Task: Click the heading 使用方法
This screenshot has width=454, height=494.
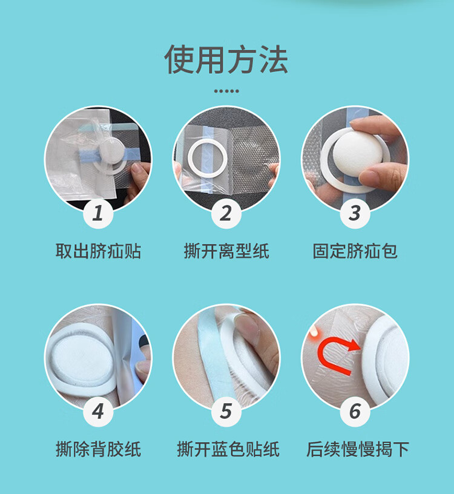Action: (226, 59)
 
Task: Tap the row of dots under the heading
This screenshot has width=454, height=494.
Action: (226, 91)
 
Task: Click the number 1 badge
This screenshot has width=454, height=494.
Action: (98, 213)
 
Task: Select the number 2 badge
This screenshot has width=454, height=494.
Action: (226, 213)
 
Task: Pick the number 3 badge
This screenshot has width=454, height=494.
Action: (355, 213)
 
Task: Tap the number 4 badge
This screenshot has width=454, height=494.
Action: (98, 411)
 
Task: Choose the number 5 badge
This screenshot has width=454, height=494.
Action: (226, 411)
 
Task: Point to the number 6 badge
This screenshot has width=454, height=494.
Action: (355, 411)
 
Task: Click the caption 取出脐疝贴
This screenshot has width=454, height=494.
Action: (98, 251)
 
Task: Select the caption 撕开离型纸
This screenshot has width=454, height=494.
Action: (226, 251)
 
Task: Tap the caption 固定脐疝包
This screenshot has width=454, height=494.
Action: (355, 251)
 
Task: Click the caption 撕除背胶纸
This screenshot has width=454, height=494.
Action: (98, 449)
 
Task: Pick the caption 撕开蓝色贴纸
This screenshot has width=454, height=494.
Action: (228, 449)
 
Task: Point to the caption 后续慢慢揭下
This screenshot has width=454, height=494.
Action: (358, 449)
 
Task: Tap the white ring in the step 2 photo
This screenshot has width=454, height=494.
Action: (191, 157)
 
